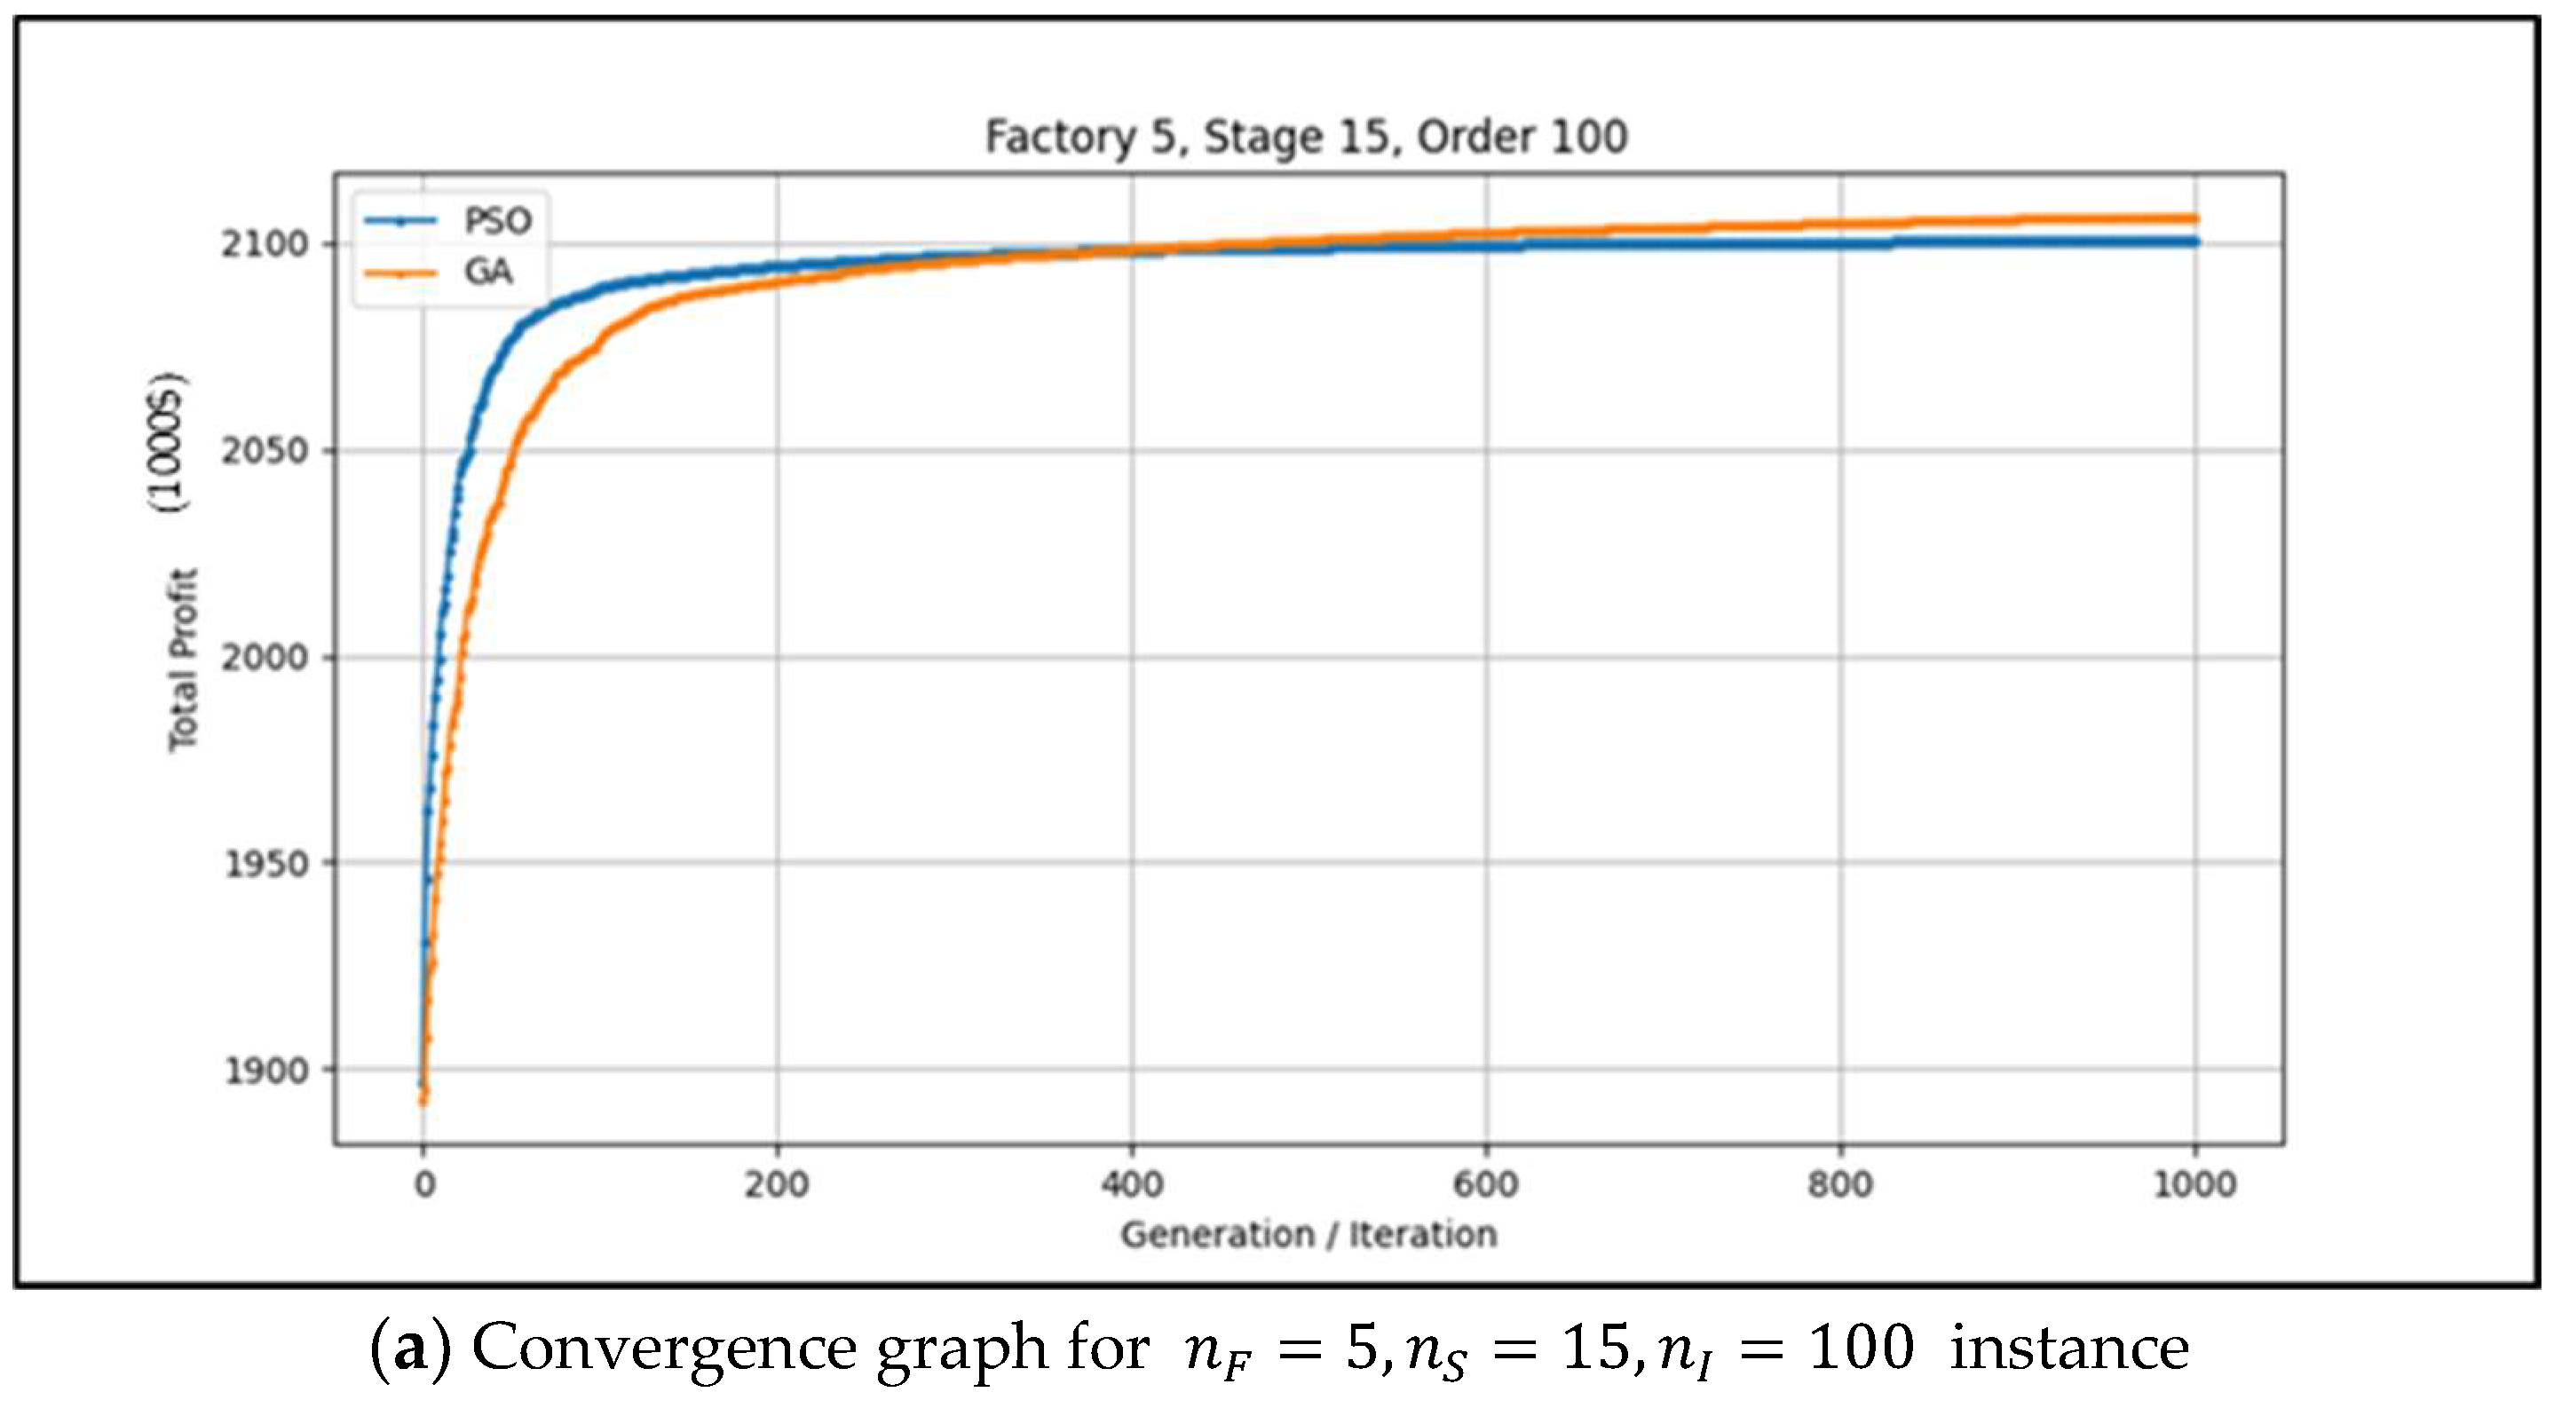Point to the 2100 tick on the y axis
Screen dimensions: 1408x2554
pos(265,244)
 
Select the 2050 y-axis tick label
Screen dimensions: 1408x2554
pos(265,451)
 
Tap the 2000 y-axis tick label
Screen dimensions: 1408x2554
pos(265,658)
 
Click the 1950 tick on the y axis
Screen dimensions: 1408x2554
pos(265,865)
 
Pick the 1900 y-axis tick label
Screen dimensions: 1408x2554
pos(265,1071)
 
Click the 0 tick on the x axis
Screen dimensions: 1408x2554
pos(424,1184)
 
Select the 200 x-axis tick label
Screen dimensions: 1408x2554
pos(778,1184)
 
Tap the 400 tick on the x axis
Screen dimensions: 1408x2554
pos(1132,1184)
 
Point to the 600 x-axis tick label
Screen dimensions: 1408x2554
pos(1486,1184)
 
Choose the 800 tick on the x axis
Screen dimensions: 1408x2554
pos(1840,1184)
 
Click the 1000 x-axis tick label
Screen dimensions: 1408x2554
pos(2195,1184)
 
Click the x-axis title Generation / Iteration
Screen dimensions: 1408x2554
pos(1309,1235)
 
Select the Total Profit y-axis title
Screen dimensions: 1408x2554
pos(184,660)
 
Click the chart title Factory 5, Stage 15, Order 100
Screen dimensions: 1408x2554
pos(1307,137)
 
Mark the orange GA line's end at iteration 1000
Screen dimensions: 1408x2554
pos(2195,219)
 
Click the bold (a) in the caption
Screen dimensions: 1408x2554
pos(410,1349)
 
